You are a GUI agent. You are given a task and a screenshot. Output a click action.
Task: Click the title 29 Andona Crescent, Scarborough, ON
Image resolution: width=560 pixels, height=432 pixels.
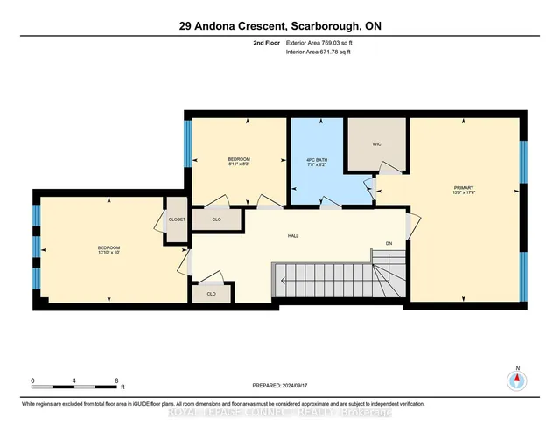coord(279,26)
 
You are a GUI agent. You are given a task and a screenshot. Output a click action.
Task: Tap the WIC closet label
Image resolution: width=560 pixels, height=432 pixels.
coord(376,143)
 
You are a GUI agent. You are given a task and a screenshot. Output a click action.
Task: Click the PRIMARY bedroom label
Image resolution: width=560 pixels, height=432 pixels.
coord(464,187)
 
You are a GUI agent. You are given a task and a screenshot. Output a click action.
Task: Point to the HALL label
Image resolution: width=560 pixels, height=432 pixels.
coord(294,235)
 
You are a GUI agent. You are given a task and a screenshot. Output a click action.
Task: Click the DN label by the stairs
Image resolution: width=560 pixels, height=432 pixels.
coord(388,244)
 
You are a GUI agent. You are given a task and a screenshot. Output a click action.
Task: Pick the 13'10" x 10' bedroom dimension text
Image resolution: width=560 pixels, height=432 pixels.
coord(108,253)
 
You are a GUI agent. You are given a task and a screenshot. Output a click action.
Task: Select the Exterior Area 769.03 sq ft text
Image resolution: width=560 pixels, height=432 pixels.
coord(319,43)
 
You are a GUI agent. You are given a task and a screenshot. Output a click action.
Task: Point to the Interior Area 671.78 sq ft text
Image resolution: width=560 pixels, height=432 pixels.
coord(319,52)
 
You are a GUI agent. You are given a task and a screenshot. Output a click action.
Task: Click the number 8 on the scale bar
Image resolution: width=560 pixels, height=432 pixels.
coord(116,381)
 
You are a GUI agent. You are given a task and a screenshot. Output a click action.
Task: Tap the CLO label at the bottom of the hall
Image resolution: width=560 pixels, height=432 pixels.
coord(211,294)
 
